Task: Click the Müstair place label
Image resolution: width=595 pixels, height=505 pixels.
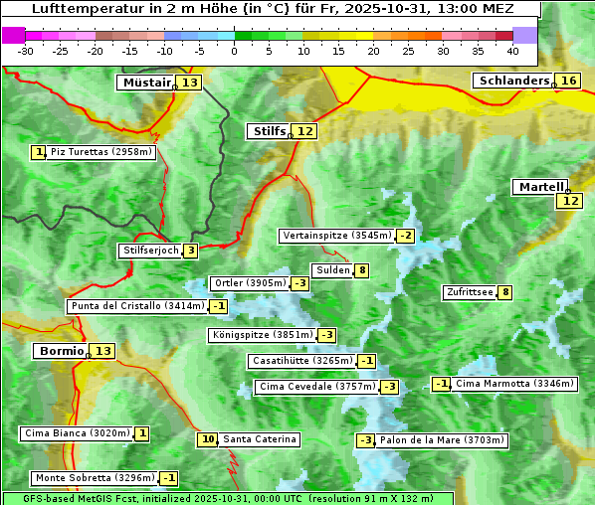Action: click(145, 83)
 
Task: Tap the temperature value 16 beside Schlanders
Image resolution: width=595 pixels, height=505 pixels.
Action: click(568, 81)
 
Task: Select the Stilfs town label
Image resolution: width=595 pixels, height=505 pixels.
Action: click(268, 131)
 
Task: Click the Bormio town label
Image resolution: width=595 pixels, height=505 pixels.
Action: click(61, 351)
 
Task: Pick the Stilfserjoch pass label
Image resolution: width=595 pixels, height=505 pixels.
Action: click(149, 251)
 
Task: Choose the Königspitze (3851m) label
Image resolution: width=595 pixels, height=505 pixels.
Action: click(261, 335)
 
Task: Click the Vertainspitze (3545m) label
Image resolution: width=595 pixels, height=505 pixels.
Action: click(336, 236)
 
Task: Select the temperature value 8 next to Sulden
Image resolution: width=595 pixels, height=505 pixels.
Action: click(362, 270)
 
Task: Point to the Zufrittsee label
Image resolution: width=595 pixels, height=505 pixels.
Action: click(470, 292)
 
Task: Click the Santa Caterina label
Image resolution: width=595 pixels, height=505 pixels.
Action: click(259, 439)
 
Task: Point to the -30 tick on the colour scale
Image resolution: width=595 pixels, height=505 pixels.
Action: click(26, 51)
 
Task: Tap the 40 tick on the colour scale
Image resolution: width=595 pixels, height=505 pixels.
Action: click(512, 51)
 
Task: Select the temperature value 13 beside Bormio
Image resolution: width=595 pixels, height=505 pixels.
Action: click(103, 351)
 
